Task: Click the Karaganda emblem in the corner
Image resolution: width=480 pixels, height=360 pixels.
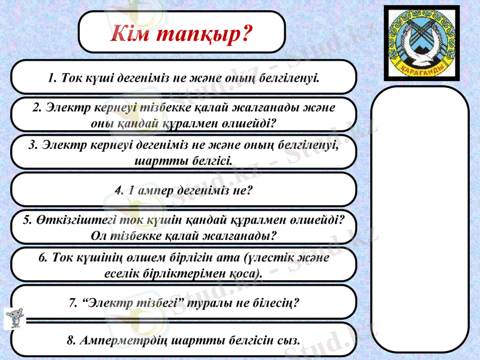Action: coord(422,43)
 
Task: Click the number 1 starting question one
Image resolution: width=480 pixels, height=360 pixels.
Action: coord(52,77)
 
